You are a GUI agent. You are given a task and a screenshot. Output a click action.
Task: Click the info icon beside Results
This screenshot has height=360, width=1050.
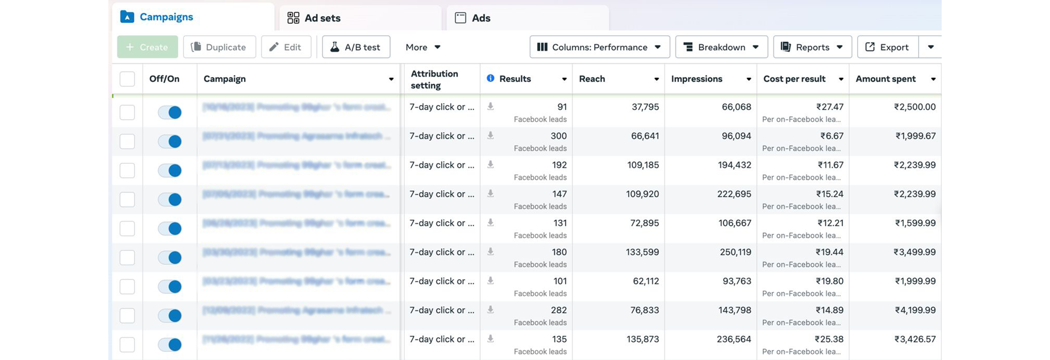(x=490, y=78)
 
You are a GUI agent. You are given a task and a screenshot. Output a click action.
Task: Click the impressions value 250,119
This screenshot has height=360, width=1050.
(x=735, y=252)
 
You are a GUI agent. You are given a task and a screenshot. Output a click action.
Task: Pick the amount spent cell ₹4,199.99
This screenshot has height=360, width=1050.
(x=915, y=310)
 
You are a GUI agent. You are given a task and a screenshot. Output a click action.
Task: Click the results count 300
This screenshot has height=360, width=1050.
(x=558, y=136)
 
